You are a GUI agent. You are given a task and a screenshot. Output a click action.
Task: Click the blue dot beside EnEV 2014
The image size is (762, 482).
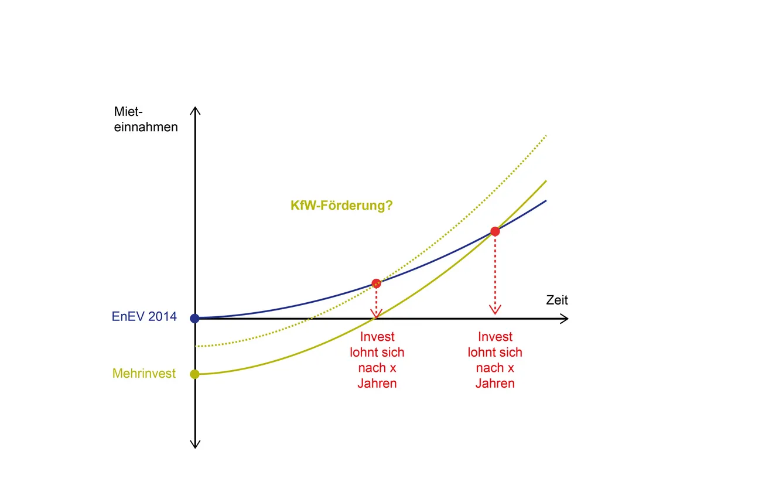(x=195, y=319)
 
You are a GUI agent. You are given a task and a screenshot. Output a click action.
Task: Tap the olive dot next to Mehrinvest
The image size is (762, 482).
(x=195, y=374)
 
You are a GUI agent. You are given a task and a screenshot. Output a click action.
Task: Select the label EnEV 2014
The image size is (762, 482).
(x=144, y=317)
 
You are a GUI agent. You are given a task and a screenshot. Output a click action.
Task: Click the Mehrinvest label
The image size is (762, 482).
(x=144, y=373)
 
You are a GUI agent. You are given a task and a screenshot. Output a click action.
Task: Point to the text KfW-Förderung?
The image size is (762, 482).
(x=341, y=206)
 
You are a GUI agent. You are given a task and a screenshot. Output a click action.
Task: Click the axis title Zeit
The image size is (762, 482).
(x=557, y=300)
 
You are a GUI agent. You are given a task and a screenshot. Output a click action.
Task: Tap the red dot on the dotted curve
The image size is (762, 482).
(x=376, y=283)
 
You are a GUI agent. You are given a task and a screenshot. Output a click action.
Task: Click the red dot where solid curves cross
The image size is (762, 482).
(x=495, y=231)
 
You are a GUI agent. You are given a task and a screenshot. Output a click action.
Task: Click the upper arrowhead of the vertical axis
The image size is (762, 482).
(x=196, y=111)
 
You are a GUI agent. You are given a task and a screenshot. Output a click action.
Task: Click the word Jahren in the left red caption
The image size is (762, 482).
(x=377, y=384)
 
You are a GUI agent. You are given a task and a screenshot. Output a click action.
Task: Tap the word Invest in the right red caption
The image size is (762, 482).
(x=495, y=337)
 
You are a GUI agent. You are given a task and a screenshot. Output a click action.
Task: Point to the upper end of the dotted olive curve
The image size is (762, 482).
(x=545, y=136)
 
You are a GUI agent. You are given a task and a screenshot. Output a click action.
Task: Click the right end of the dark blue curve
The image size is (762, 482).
(x=545, y=201)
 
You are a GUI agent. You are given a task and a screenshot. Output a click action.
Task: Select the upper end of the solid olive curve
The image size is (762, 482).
(x=545, y=181)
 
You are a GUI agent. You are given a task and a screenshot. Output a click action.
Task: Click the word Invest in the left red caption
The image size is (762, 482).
(x=377, y=337)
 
